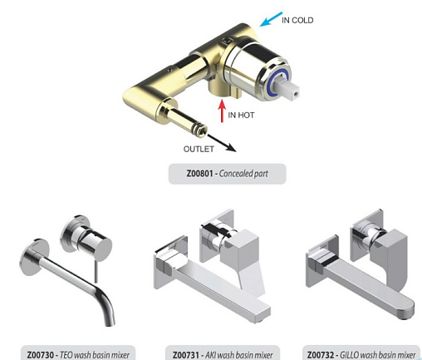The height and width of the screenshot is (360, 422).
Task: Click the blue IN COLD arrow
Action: pyautogui.click(x=271, y=19)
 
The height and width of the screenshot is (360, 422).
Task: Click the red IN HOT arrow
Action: pyautogui.click(x=222, y=111)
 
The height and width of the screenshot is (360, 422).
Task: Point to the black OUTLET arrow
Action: pyautogui.click(x=222, y=143)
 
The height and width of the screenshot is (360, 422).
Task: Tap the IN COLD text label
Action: pyautogui.click(x=297, y=20)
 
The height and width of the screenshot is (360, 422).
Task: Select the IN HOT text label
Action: pyautogui.click(x=241, y=115)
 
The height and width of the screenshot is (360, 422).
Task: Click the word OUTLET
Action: pyautogui.click(x=199, y=149)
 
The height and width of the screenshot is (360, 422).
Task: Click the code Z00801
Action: pyautogui.click(x=199, y=174)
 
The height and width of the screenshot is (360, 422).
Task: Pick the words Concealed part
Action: pyautogui.click(x=243, y=174)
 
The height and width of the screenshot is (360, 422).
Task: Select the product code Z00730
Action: pyautogui.click(x=40, y=355)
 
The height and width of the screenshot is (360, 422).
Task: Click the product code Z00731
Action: pyautogui.click(x=186, y=355)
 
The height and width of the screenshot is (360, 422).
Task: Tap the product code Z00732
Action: pyautogui.click(x=321, y=355)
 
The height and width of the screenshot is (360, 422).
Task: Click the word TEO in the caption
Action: pyautogui.click(x=66, y=355)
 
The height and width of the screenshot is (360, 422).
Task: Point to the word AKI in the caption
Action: pyautogui.click(x=210, y=355)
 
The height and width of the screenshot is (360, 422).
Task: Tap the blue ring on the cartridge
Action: pyautogui.click(x=274, y=82)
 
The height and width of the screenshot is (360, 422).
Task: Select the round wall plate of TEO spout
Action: pyautogui.click(x=32, y=256)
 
